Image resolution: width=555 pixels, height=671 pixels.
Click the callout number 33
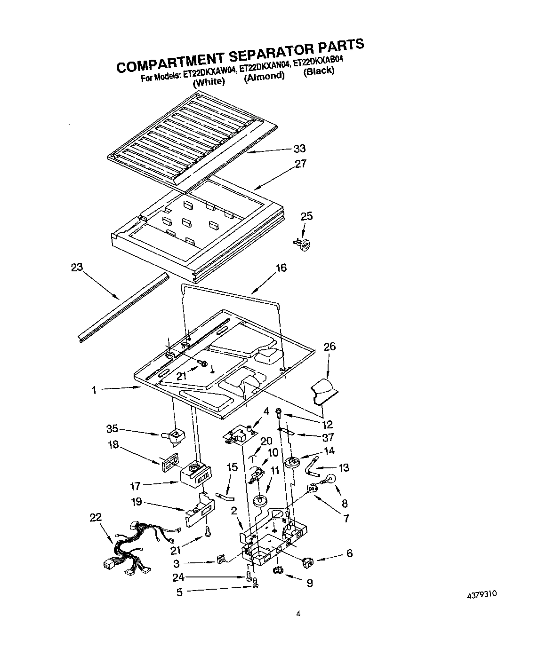299,149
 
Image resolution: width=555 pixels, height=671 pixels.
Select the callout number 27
301,164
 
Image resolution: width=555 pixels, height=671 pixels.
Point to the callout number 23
77,268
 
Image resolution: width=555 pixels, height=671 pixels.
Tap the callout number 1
94,390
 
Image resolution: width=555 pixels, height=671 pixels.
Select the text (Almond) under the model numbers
265,76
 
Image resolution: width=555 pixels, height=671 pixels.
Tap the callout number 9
309,583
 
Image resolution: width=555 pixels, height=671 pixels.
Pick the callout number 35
112,428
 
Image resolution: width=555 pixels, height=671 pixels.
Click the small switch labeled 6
307,560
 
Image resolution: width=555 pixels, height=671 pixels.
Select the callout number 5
179,592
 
